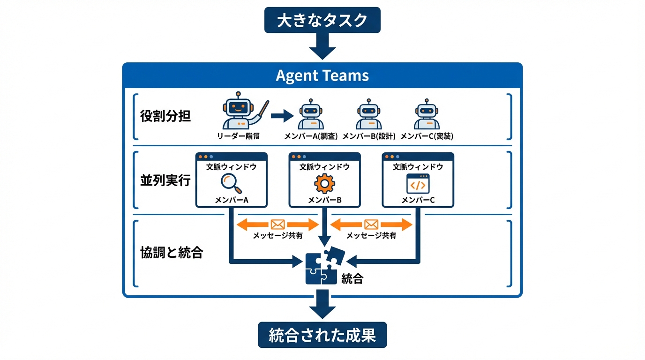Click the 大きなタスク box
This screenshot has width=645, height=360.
tap(322, 20)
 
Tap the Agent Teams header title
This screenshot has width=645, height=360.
tap(322, 75)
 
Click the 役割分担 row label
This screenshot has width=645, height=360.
tap(165, 116)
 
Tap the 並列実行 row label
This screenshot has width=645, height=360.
tap(165, 180)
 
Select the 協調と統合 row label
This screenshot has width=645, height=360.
tap(172, 253)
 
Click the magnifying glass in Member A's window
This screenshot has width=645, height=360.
tap(231, 183)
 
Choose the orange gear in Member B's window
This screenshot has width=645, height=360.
tap(324, 183)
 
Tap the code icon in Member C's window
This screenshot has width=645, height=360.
tap(417, 183)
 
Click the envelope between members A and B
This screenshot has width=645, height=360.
tap(278, 225)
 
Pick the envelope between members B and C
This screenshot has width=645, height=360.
tap(371, 225)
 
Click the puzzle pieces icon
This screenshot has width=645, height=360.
tap(324, 266)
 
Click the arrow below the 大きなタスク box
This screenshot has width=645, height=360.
tap(322, 46)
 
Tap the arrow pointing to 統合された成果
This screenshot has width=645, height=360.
tap(322, 305)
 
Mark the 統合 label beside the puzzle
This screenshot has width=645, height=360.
tap(352, 280)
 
